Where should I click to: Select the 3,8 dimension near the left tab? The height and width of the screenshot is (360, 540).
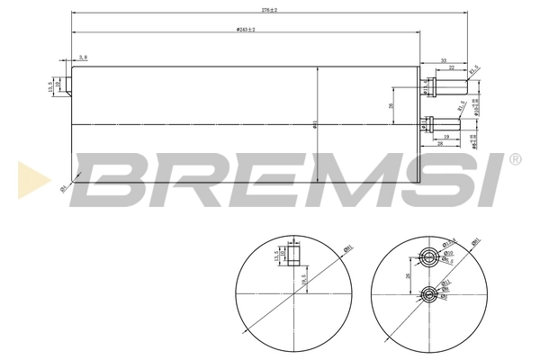(84, 57)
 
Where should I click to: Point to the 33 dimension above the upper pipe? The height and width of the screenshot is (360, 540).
(444, 60)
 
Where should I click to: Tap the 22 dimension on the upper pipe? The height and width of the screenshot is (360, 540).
(452, 69)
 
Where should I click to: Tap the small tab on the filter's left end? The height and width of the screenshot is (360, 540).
(67, 86)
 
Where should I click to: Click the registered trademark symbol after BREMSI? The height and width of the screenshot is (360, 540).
(515, 160)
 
